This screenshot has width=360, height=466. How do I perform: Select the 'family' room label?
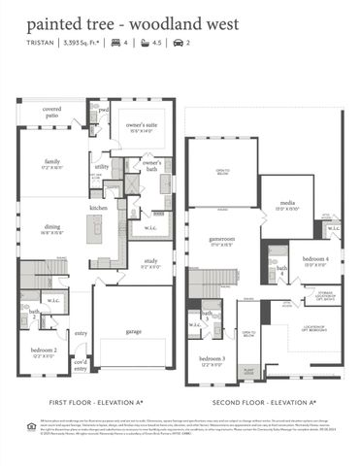point(52,162)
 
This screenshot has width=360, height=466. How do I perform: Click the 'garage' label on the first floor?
point(132,330)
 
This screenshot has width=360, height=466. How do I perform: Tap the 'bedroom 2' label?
point(43,349)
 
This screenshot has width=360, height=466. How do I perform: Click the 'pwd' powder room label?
point(104,110)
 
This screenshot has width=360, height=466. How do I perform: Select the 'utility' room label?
point(102,166)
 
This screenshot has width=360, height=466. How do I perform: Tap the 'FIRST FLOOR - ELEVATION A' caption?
point(96,402)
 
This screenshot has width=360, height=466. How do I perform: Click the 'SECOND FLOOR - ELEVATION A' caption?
point(266,402)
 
